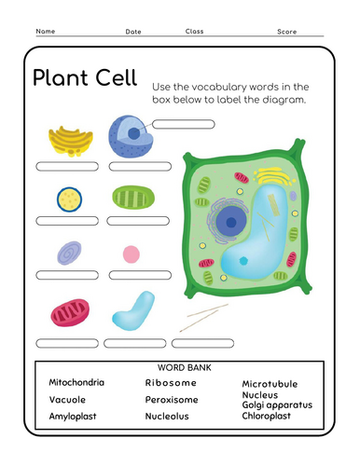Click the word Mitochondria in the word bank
(76, 383)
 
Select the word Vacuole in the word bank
(67, 399)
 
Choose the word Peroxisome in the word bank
(172, 399)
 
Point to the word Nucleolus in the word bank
(168, 416)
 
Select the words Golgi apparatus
(277, 404)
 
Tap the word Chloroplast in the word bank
(267, 416)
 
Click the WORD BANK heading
(187, 367)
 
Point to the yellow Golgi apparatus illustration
(70, 141)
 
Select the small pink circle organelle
(132, 254)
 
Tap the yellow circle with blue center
(68, 199)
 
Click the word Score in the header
(287, 32)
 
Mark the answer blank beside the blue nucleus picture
(183, 123)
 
